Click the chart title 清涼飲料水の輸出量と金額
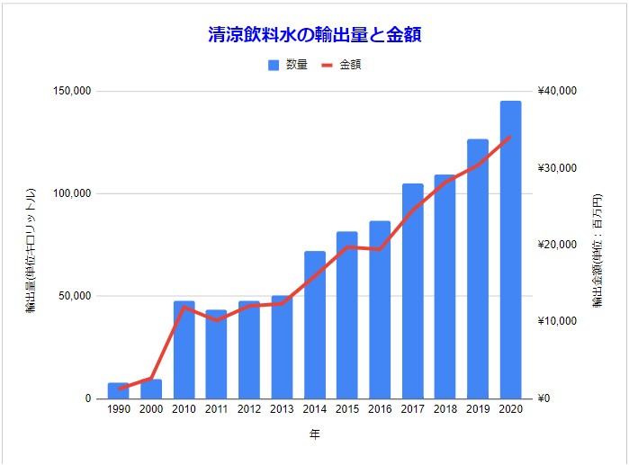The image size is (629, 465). tap(314, 35)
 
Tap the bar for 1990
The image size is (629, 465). tap(118, 390)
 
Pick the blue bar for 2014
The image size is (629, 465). tap(314, 325)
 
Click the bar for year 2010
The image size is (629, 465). tap(184, 350)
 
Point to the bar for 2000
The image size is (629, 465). tap(151, 389)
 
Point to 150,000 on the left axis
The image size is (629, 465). tap(74, 92)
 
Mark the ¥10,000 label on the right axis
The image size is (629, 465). tap(561, 322)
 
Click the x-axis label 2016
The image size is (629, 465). tap(380, 409)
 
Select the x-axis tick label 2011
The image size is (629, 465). tap(216, 409)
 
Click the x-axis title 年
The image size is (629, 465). tap(314, 435)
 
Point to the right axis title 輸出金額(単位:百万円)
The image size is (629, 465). tap(597, 253)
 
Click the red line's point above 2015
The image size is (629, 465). tap(347, 246)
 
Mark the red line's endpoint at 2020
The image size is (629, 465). tap(510, 137)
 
